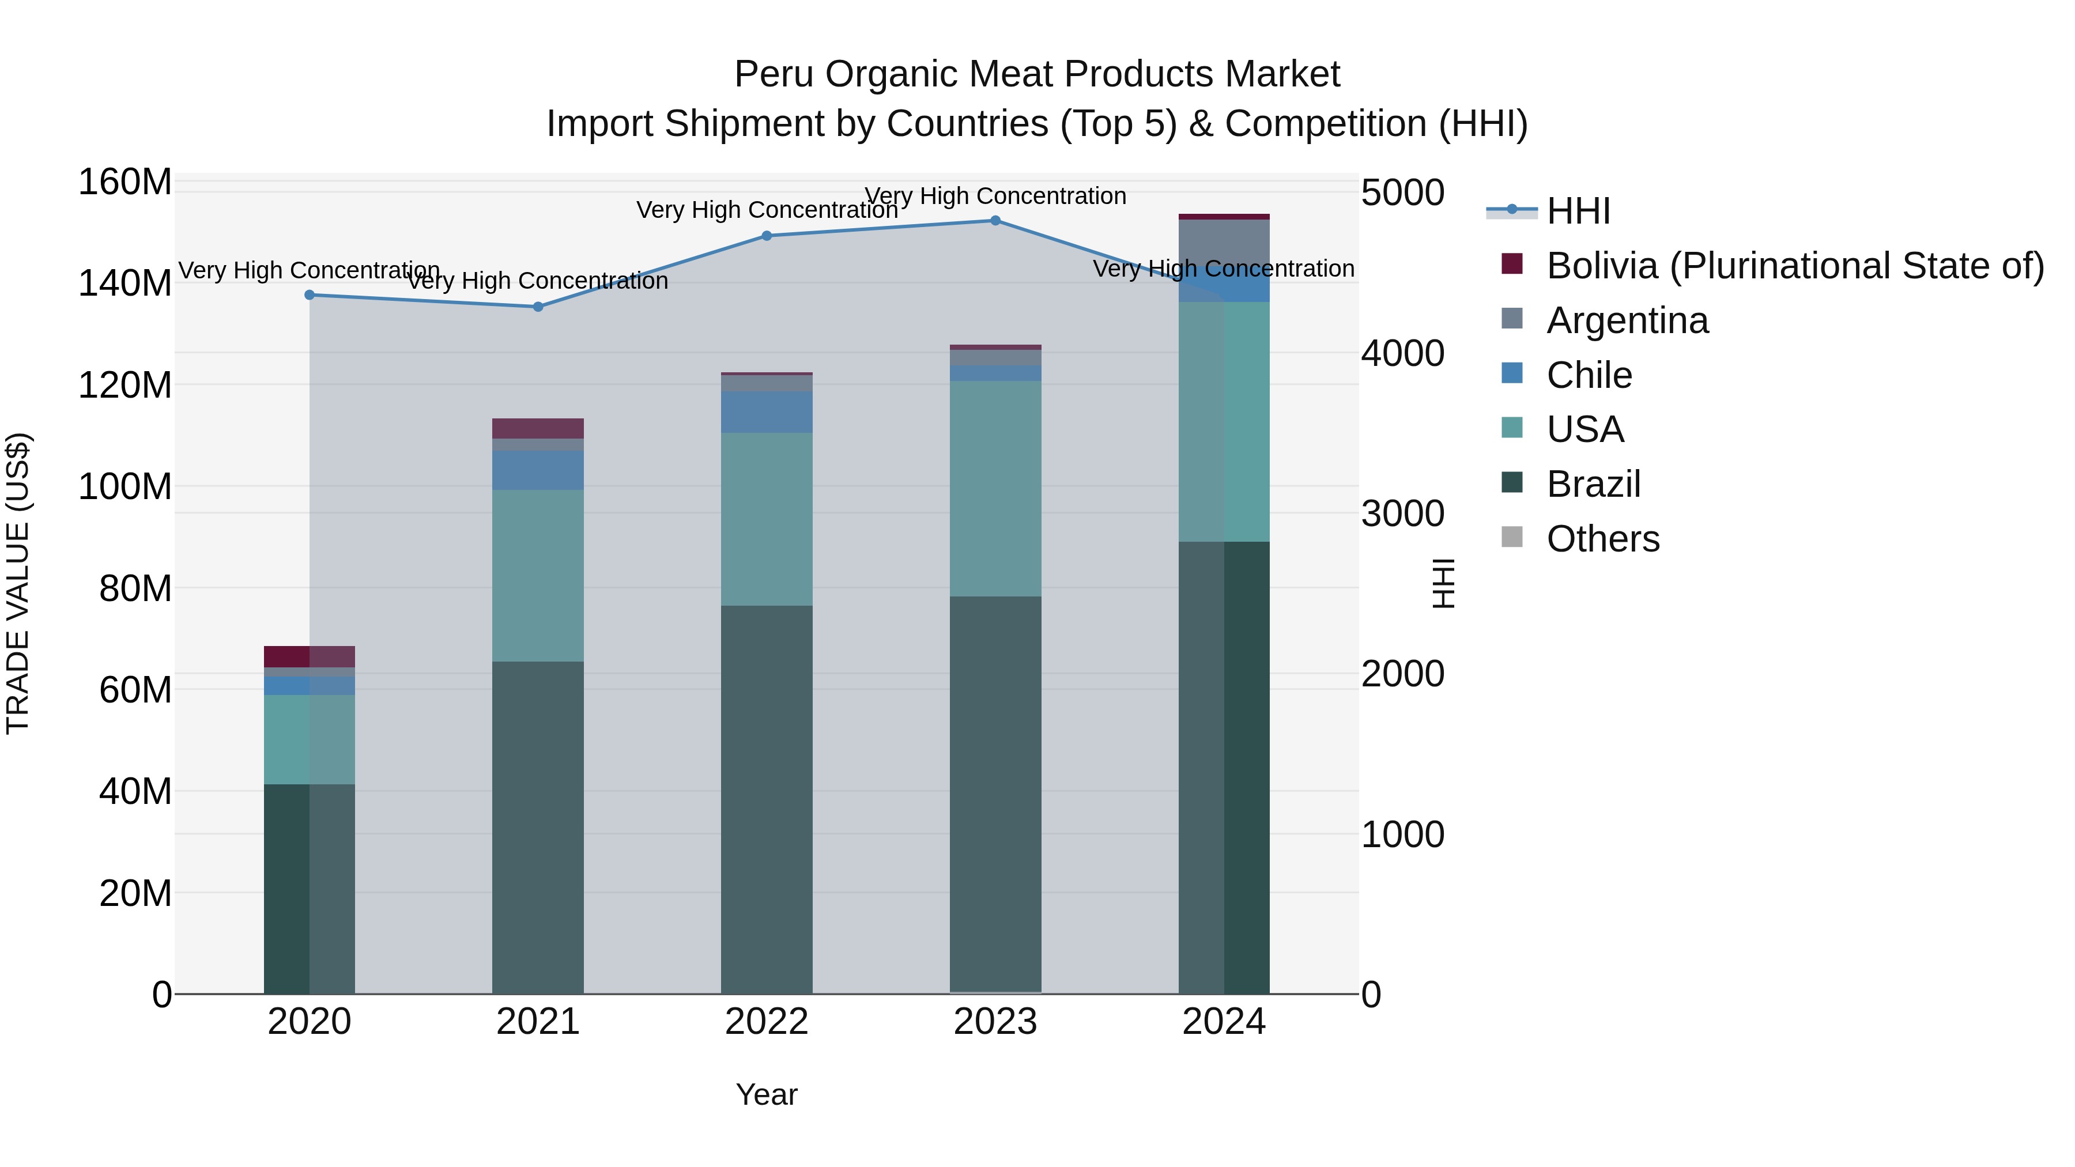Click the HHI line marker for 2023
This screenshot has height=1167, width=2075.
995,221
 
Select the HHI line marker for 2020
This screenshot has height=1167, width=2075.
310,294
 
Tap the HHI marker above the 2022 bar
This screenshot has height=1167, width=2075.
767,236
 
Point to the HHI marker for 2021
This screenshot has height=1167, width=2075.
538,307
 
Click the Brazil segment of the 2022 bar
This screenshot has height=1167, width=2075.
767,798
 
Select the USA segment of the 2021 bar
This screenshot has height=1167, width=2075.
538,576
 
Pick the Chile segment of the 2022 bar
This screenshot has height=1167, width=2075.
767,413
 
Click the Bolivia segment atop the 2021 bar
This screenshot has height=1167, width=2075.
538,428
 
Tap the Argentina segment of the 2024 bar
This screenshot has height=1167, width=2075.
1224,241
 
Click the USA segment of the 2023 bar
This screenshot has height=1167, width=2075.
995,488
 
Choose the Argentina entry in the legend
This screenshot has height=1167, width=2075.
1627,320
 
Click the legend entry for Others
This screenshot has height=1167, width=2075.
1603,539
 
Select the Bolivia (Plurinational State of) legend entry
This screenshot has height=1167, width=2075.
1795,266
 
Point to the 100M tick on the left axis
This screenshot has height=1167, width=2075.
125,486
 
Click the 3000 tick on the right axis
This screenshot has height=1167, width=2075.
1402,514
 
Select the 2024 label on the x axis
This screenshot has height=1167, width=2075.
1224,1022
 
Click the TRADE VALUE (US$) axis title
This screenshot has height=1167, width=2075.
18,583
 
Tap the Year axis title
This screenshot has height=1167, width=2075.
766,1094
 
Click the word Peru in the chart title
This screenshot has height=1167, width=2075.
774,74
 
